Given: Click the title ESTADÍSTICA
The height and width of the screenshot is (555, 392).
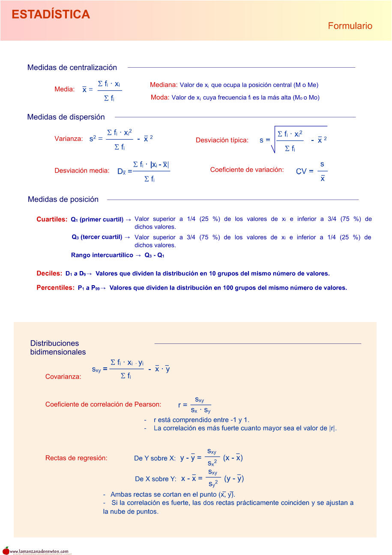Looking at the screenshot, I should (x=51, y=15).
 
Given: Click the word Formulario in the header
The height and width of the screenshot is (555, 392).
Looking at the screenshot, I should (x=350, y=26).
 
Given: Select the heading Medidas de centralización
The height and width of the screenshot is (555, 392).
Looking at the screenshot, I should (x=72, y=67).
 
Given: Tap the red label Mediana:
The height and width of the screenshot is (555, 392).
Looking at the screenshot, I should (x=164, y=85).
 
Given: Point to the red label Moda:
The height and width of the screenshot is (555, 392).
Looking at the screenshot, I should (x=160, y=97).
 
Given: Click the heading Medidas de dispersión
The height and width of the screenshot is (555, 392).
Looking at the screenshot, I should (x=66, y=117).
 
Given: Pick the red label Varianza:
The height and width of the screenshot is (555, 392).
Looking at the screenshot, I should (x=69, y=139).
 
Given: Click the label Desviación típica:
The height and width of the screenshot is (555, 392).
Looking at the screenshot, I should (x=222, y=140).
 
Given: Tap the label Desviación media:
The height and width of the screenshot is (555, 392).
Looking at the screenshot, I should (x=82, y=170).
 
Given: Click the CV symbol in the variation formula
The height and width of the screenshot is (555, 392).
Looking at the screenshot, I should (x=302, y=171).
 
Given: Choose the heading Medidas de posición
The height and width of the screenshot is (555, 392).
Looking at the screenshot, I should (x=63, y=199).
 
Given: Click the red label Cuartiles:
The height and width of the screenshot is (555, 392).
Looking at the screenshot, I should (x=52, y=220).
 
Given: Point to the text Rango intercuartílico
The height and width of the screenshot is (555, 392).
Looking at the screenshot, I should (x=102, y=255).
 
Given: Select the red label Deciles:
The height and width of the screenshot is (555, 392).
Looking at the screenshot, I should (x=49, y=273).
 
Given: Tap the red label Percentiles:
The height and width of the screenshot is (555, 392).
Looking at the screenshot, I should (x=56, y=288).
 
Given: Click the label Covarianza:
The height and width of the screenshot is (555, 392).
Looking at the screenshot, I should (x=63, y=377).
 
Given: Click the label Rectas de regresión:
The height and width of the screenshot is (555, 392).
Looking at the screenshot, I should (x=76, y=458).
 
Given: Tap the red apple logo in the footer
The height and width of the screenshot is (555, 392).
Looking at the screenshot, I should (x=6, y=551).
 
